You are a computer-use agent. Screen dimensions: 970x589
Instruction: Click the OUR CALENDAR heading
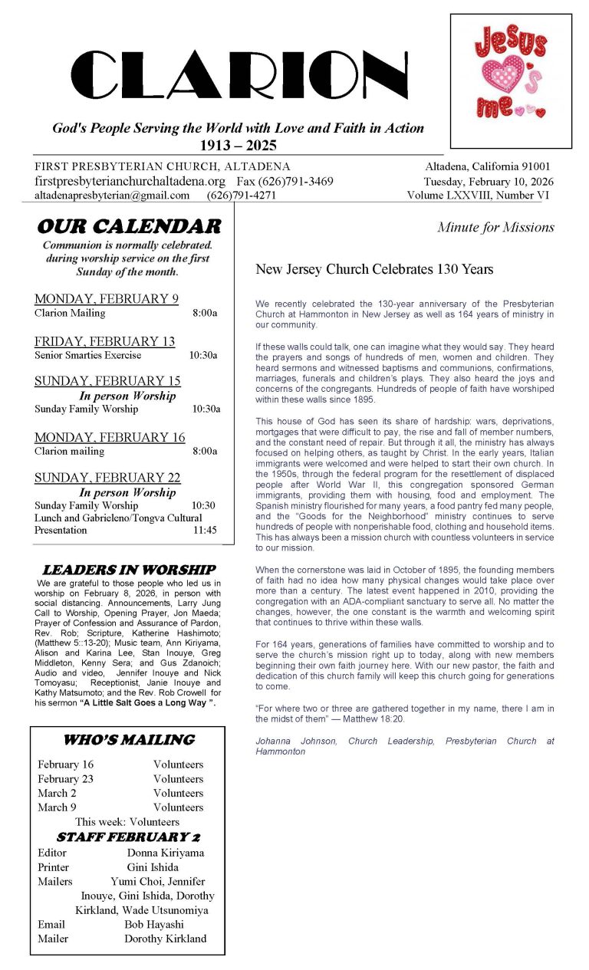coord(128,226)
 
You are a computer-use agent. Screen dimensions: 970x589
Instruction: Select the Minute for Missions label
coord(495,227)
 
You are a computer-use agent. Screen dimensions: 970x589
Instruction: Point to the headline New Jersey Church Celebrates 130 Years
coord(374,269)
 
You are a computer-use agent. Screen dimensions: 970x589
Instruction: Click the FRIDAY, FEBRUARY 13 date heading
coord(104,341)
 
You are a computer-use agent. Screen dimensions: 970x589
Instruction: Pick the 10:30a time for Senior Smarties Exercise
coord(203,355)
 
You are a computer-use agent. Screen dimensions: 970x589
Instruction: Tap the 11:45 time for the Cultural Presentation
coord(205,530)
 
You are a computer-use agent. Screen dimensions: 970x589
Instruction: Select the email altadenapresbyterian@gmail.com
coord(112,196)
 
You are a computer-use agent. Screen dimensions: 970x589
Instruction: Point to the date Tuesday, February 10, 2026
coord(488,182)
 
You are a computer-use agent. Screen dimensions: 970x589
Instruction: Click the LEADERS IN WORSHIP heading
coord(128,570)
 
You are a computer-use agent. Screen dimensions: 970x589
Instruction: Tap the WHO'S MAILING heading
coord(128,740)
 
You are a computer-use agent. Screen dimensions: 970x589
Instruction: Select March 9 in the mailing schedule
coord(57,807)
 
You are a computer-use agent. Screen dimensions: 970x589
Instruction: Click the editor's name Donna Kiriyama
coord(166,853)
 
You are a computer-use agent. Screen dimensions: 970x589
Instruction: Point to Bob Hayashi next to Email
coord(154,925)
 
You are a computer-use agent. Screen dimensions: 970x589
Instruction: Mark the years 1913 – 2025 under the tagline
coord(238,146)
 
